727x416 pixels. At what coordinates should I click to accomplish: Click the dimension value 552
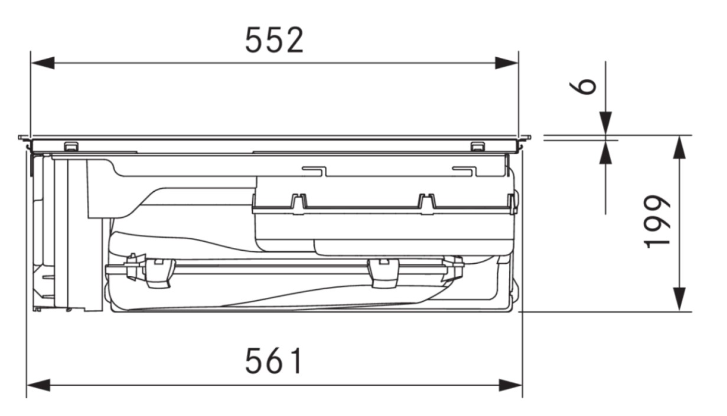(x=275, y=40)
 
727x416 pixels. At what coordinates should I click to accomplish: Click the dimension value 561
(x=275, y=361)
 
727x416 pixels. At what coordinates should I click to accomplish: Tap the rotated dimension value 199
(x=657, y=221)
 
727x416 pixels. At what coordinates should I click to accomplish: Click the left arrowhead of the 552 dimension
(x=43, y=63)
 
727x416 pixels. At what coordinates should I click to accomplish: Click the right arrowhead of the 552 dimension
(x=506, y=63)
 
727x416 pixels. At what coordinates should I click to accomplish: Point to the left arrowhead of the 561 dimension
(x=38, y=385)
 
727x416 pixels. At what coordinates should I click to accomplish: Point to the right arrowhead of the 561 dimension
(x=510, y=385)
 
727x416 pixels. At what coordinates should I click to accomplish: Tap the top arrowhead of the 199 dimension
(x=679, y=147)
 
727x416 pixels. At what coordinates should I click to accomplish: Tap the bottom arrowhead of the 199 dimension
(x=679, y=299)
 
